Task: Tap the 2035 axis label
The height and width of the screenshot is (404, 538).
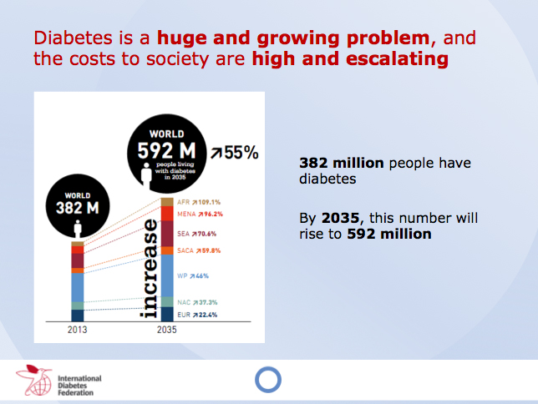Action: pyautogui.click(x=167, y=330)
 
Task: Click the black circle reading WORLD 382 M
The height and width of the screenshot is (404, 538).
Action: pyautogui.click(x=77, y=205)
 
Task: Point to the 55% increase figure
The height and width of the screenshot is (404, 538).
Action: pyautogui.click(x=235, y=153)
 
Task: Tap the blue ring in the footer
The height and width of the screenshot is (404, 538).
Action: pyautogui.click(x=268, y=381)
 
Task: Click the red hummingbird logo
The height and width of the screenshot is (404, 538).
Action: pyautogui.click(x=34, y=380)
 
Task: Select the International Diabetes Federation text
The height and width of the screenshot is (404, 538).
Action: pyautogui.click(x=79, y=383)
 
